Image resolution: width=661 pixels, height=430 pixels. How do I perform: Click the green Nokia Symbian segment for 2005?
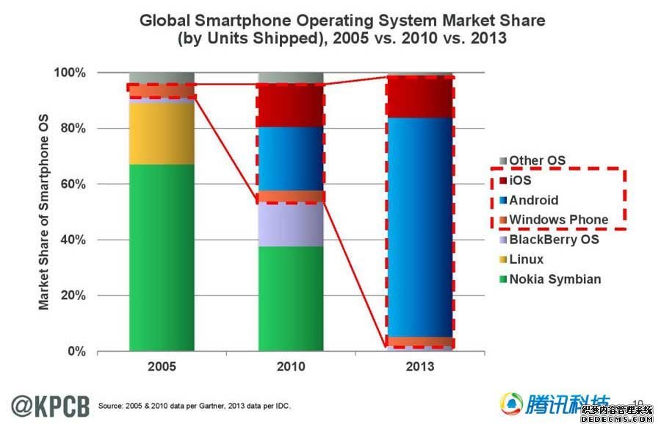coord(162,257)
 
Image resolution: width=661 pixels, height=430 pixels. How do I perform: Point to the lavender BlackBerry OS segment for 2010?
coord(291,225)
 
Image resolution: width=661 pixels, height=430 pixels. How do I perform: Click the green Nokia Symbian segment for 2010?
coord(291,298)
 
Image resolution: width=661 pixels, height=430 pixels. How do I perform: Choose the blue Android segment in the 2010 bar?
coord(291,159)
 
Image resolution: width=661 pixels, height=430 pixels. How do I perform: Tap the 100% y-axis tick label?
coord(71,73)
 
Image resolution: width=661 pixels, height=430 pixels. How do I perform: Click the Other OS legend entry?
coord(537,161)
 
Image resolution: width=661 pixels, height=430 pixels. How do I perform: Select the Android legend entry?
coord(534,200)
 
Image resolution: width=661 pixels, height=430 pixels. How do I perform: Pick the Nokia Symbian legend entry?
coord(555,279)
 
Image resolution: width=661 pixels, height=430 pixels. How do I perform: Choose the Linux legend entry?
coord(526,259)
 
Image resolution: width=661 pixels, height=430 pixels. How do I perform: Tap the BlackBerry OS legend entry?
coord(554,240)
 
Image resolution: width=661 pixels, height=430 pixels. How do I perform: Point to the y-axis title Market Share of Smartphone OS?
coord(45,214)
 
